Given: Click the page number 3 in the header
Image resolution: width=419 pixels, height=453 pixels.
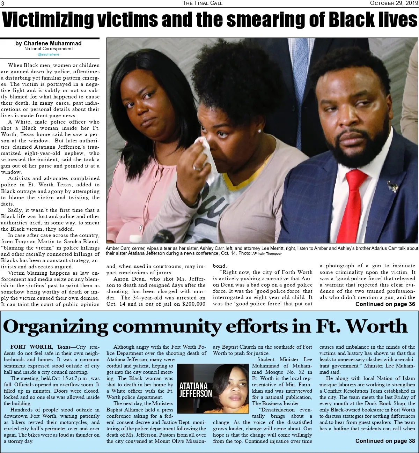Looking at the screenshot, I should [2, 3].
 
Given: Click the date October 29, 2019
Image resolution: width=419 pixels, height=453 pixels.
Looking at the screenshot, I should [394, 3].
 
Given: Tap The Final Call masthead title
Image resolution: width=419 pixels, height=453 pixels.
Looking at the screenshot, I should [203, 3].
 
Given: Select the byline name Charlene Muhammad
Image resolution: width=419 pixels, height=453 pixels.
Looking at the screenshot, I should [49, 44].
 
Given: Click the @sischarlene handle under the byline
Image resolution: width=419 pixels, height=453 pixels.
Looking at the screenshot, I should [49, 54].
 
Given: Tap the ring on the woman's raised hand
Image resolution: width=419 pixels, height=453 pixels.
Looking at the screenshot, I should [197, 168].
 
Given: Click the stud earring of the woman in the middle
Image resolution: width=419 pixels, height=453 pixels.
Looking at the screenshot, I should [259, 131].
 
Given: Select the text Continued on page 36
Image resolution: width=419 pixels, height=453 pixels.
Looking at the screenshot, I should [385, 304].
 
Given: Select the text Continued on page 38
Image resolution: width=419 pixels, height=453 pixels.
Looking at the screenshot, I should [385, 441].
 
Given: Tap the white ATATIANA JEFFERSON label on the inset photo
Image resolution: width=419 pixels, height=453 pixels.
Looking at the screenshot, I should [196, 390].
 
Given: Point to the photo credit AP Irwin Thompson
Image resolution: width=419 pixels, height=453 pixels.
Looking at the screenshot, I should [267, 254].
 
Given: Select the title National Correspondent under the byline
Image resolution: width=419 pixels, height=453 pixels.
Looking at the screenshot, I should [49, 49].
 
